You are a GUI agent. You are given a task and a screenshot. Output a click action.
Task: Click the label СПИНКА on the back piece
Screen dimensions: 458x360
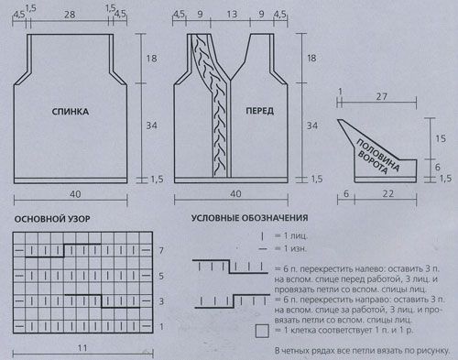[x=71, y=112]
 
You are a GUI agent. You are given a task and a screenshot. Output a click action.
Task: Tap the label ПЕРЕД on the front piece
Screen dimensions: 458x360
[x=259, y=111]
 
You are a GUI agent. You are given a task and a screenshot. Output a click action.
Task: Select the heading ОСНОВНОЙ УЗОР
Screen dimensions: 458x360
[x=52, y=219]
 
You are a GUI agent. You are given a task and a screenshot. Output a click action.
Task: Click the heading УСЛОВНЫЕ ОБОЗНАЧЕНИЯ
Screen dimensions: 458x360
[x=249, y=218]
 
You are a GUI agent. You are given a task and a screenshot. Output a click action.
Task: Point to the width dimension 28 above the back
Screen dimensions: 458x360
[x=70, y=15]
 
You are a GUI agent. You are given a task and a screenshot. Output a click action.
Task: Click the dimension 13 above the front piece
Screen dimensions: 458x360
[x=232, y=15]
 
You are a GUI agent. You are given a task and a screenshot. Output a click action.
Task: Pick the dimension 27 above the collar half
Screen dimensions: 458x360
[x=381, y=96]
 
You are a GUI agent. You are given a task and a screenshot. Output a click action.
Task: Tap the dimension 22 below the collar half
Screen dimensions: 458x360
[x=388, y=194]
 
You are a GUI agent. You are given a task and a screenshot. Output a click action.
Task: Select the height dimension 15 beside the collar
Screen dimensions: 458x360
[x=441, y=138]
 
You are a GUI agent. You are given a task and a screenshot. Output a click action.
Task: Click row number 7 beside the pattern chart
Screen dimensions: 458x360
[x=161, y=251]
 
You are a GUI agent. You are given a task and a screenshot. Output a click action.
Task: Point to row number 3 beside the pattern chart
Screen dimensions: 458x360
[x=161, y=301]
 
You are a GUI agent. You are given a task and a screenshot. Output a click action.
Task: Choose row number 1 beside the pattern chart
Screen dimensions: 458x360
[x=161, y=327]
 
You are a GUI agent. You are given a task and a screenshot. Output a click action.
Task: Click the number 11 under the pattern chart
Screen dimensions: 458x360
[x=82, y=348]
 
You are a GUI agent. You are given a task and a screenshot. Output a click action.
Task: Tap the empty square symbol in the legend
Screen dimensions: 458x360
[x=262, y=331]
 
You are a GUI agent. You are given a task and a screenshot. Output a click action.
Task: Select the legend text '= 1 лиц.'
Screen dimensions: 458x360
[x=291, y=235]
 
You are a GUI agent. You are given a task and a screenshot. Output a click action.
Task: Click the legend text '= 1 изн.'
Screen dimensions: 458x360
[x=290, y=248]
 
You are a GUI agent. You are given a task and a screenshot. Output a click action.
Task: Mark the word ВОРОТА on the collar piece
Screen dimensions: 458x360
[x=372, y=162]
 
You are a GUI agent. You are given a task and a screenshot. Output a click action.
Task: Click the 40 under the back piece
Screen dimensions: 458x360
[x=75, y=194]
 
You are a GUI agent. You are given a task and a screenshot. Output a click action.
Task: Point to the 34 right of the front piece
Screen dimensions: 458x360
[x=311, y=125]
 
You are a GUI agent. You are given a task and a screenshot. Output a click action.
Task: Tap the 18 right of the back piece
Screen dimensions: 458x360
[x=151, y=58]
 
